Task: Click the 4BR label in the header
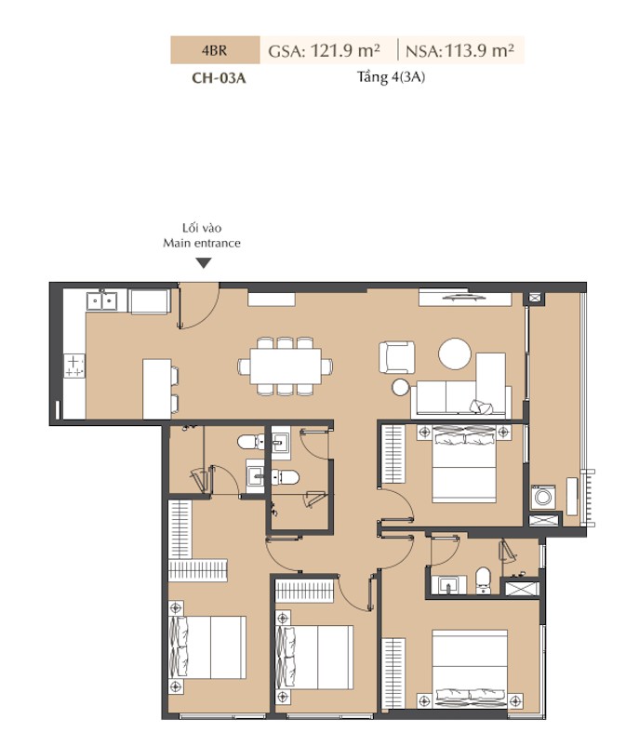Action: click(x=214, y=50)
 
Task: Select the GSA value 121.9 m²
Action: click(x=345, y=50)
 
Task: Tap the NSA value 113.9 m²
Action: click(x=479, y=50)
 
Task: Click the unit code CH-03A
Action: click(x=219, y=77)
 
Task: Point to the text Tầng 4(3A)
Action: click(x=391, y=77)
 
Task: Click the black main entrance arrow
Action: click(x=204, y=263)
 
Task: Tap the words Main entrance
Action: click(x=202, y=243)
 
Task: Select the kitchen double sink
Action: click(x=101, y=301)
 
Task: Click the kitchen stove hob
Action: click(x=74, y=366)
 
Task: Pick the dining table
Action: click(x=286, y=366)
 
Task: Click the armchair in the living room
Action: click(x=397, y=357)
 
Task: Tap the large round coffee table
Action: click(x=455, y=354)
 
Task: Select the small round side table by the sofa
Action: click(x=401, y=387)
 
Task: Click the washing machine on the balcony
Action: click(x=543, y=497)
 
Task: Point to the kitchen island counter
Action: click(x=156, y=389)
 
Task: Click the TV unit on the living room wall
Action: click(x=465, y=299)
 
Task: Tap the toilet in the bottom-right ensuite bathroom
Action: click(x=483, y=580)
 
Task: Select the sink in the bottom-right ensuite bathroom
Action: click(x=447, y=585)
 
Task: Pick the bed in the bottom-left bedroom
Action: click(x=207, y=647)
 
